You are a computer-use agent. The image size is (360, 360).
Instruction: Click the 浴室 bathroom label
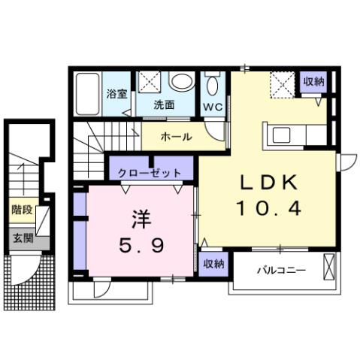[116, 95]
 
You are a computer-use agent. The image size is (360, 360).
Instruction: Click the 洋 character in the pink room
[143, 219]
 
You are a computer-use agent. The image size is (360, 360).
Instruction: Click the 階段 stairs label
[22, 210]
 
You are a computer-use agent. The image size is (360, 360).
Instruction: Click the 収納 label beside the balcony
[214, 264]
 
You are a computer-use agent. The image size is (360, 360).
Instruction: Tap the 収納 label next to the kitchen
[314, 82]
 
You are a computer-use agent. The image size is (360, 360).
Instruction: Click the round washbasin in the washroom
[181, 81]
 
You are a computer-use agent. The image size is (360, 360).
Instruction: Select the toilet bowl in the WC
[212, 83]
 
